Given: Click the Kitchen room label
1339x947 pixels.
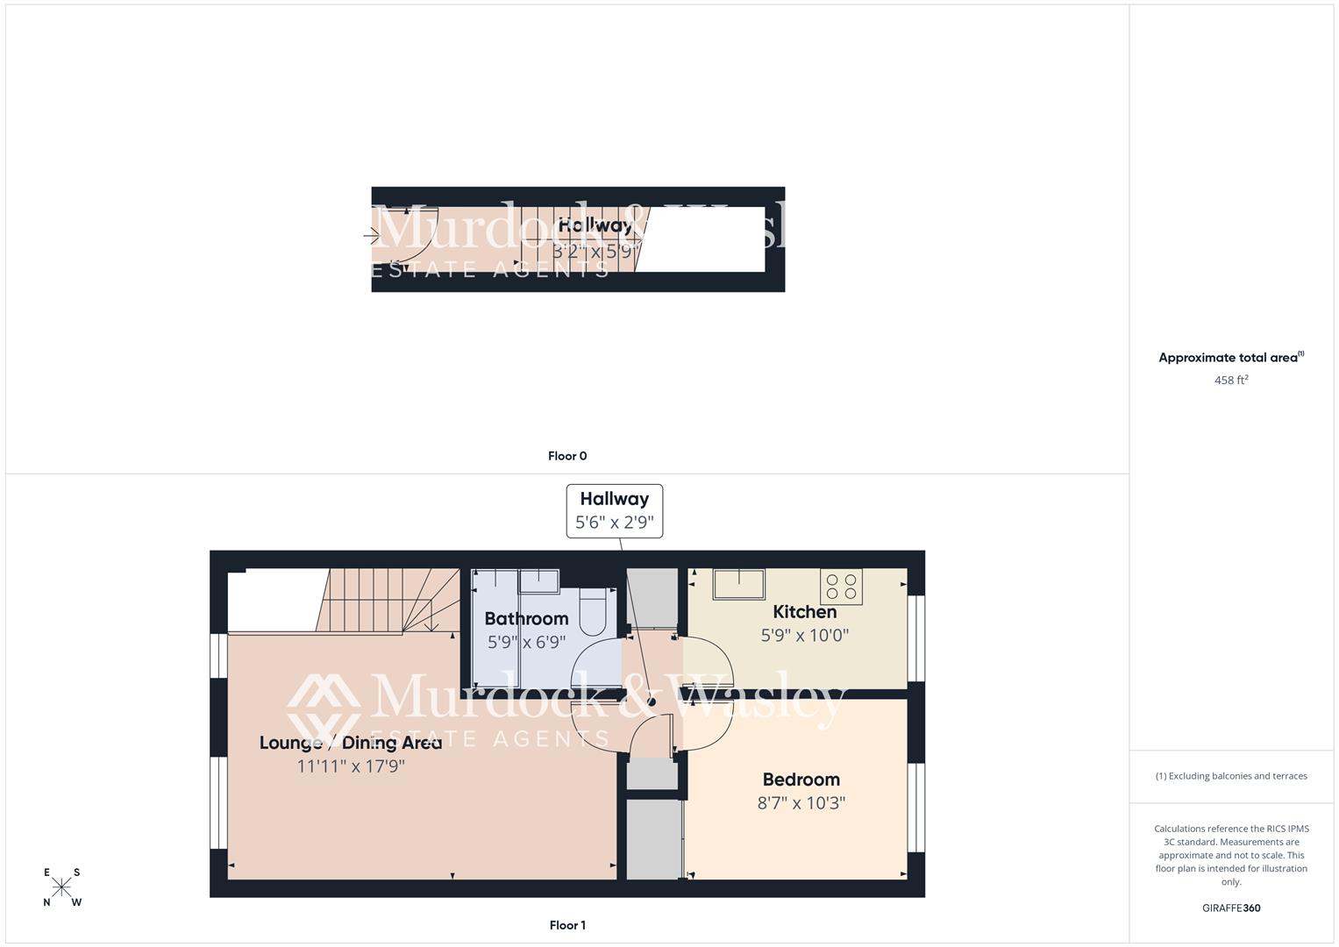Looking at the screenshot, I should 804,612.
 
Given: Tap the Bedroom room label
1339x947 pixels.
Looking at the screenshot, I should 801,780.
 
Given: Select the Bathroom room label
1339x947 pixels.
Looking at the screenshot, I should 526,618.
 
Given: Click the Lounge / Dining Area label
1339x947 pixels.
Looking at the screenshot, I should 351,743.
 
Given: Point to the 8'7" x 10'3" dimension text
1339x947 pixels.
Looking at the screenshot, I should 801,803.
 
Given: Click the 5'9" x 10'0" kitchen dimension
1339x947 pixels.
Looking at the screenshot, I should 804,636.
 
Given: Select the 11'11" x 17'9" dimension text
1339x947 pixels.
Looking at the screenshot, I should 351,766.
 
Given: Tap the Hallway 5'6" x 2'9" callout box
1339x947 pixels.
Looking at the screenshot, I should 614,511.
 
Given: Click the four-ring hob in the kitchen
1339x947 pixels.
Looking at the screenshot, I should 841,586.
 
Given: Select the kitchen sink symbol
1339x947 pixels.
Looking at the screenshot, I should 738,583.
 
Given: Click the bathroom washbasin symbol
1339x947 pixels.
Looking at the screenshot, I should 538,580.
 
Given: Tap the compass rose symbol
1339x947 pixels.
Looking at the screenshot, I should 62,887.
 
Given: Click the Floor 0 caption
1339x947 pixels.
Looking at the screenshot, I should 567,456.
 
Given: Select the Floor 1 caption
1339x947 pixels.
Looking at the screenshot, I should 567,925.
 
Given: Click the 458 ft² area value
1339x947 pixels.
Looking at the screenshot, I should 1231,381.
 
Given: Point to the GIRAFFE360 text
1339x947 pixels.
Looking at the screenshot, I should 1231,908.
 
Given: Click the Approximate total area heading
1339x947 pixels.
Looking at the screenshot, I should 1231,358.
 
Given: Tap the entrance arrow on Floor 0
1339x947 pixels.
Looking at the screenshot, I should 371,236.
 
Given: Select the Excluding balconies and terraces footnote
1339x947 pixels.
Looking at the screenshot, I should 1231,776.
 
